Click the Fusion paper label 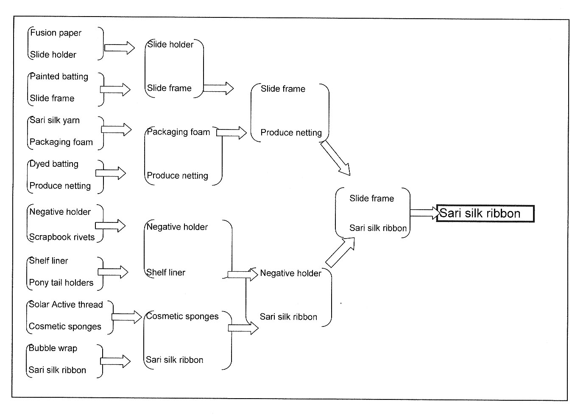[56, 33]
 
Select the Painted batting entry [59, 77]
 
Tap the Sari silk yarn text [55, 121]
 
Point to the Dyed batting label [54, 164]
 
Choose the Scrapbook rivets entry [62, 237]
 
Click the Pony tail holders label [61, 283]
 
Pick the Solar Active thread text [66, 305]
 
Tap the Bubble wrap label [53, 349]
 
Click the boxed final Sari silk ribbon [480, 213]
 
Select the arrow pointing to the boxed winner [425, 213]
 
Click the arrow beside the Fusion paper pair [119, 48]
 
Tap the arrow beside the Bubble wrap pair [115, 361]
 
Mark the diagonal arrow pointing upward [340, 253]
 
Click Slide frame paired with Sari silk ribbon [371, 199]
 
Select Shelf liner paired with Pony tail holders [48, 261]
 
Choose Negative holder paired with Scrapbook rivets [60, 212]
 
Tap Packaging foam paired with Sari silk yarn [61, 142]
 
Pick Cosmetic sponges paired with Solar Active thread [65, 327]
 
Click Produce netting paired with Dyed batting [60, 186]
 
